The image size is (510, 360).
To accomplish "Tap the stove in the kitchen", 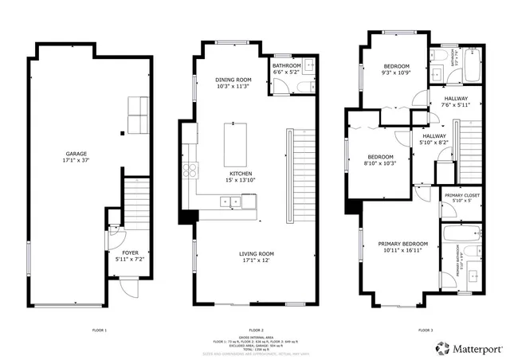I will [x=190, y=168].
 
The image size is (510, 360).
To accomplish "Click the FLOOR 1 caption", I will [x=100, y=330].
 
